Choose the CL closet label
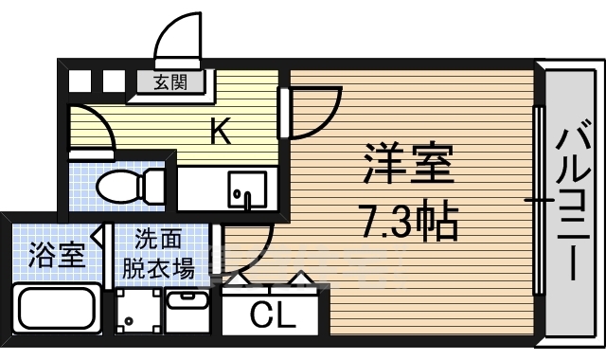tap(273, 315)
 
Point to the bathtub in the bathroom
tap(57, 309)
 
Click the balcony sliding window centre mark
tap(539, 201)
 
